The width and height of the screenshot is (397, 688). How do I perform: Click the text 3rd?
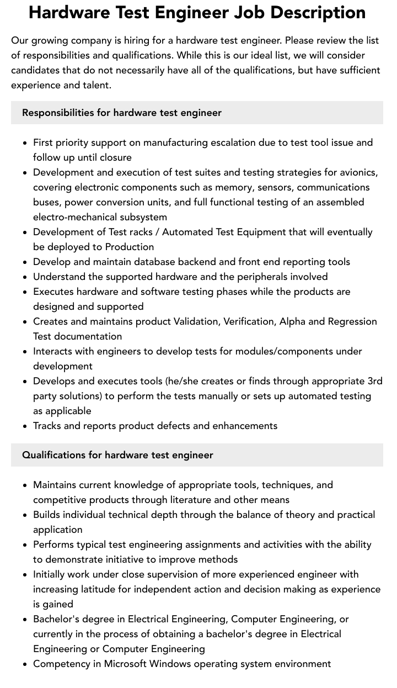coord(374,381)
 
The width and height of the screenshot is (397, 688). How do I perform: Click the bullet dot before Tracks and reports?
coord(25,426)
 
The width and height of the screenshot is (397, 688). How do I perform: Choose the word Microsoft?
coord(130,664)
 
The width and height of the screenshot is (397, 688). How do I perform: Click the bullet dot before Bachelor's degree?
coord(25,620)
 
